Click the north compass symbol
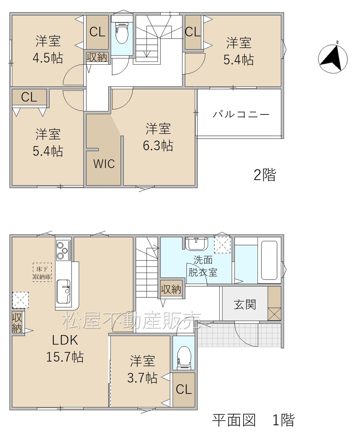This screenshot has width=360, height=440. (x=332, y=58)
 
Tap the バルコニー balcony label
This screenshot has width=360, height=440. (x=241, y=114)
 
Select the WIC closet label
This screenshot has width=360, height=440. (x=104, y=164)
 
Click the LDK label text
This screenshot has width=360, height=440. (x=65, y=340)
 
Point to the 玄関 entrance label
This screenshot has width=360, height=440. (x=245, y=305)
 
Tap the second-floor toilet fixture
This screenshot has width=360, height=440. (x=122, y=33)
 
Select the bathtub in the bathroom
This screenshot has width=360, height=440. (x=269, y=260)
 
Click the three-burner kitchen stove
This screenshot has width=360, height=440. (x=63, y=250)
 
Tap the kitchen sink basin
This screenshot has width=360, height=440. (x=63, y=291)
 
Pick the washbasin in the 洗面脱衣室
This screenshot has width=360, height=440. (x=196, y=243)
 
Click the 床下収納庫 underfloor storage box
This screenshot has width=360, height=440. (x=42, y=273)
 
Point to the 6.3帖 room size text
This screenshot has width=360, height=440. (x=158, y=145)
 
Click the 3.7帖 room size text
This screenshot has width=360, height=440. (x=142, y=378)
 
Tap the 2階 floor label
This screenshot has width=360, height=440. (x=265, y=175)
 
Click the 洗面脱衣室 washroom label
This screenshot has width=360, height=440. (x=203, y=266)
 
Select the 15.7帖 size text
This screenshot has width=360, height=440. (x=65, y=357)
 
